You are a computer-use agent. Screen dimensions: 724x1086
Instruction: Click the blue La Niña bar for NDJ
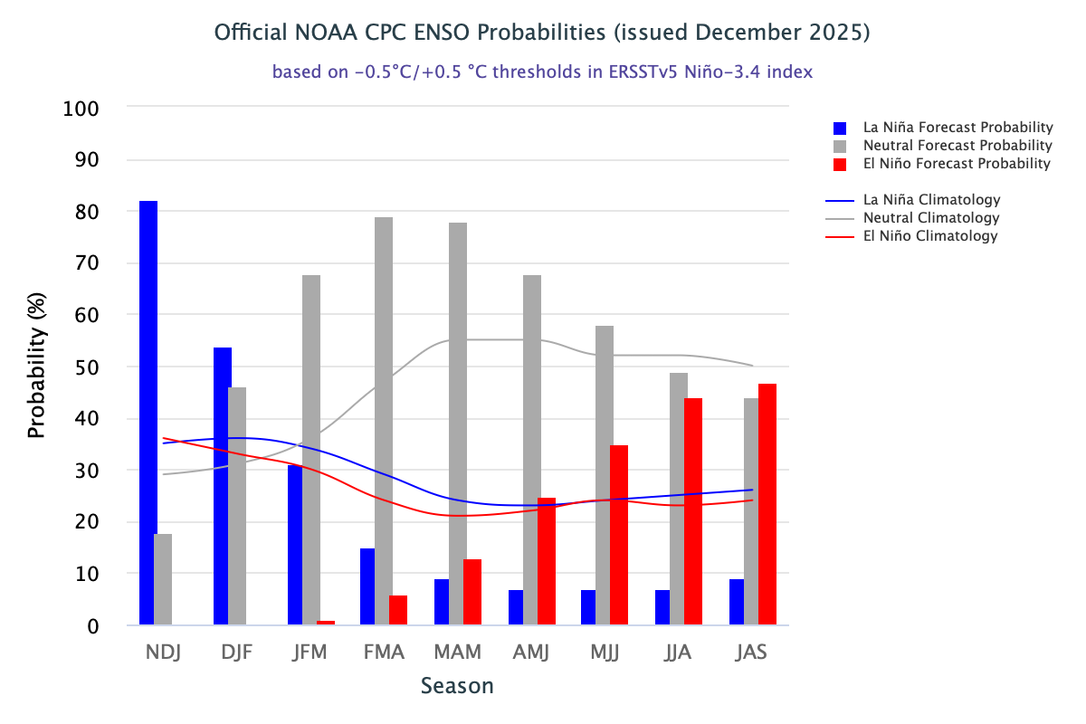click(x=148, y=413)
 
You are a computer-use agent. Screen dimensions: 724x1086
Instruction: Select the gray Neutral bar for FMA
click(x=384, y=421)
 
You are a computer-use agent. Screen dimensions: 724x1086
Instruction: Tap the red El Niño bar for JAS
click(x=767, y=504)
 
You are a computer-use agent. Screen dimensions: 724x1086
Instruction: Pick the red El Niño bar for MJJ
click(x=619, y=535)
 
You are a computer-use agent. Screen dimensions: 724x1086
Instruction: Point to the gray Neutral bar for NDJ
click(x=163, y=579)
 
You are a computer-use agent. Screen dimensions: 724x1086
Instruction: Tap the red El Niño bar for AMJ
click(x=546, y=561)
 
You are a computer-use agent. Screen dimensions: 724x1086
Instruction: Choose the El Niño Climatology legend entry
click(x=929, y=236)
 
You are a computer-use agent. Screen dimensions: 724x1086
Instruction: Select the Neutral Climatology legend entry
click(x=931, y=218)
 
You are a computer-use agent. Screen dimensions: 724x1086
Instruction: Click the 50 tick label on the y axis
click(x=87, y=367)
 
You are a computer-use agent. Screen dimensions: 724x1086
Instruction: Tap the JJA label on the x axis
click(x=678, y=653)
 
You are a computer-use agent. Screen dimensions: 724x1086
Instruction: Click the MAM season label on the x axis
click(x=457, y=653)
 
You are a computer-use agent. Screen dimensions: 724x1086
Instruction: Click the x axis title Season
click(x=457, y=686)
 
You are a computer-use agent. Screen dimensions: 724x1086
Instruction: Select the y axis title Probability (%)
click(x=36, y=367)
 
